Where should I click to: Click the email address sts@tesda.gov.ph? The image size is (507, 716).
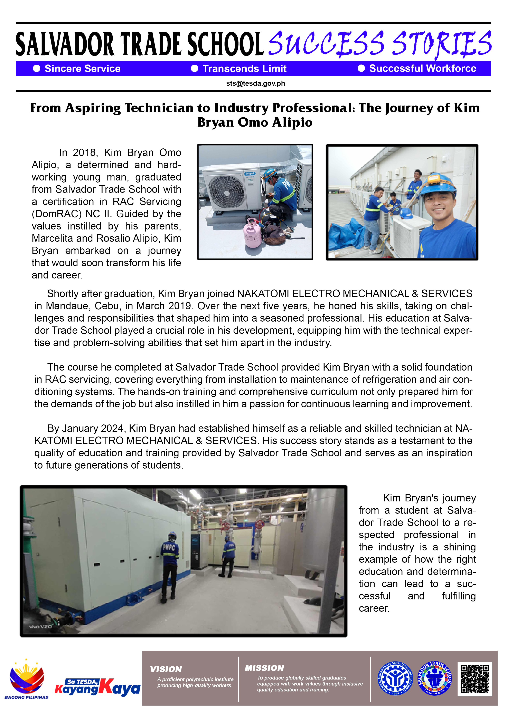(255, 84)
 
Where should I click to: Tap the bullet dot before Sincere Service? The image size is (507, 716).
(37, 69)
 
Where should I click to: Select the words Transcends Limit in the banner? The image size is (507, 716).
(244, 69)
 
